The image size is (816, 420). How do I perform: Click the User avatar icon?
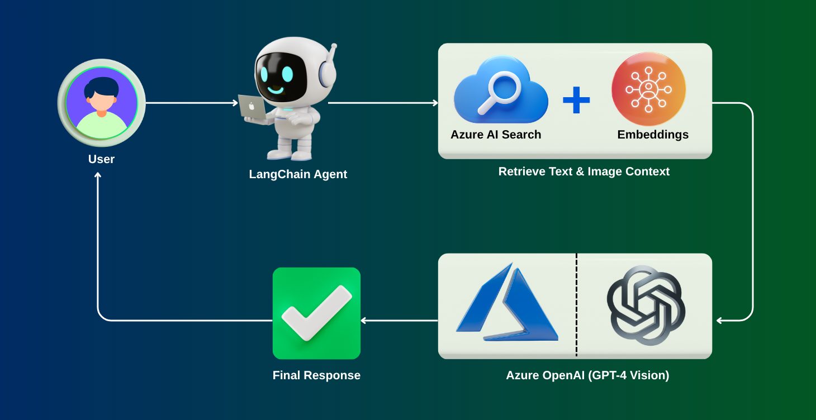coord(101,103)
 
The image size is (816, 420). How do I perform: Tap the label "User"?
coord(101,159)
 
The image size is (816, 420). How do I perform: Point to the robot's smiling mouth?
coord(275,88)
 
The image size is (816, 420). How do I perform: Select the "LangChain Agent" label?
coord(298,174)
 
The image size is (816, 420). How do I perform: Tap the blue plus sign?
coord(576,100)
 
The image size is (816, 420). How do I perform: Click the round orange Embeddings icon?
coord(648,89)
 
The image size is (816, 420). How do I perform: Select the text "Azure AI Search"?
coord(496,135)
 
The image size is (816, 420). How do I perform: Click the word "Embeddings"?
coord(653,135)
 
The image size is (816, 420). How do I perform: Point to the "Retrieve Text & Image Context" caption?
coord(583,171)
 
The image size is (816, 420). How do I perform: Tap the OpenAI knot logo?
coord(646,305)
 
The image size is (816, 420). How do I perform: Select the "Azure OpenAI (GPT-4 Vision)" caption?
coord(587,375)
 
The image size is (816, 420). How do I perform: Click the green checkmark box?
coord(316,313)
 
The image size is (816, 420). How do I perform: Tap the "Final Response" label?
coord(316,375)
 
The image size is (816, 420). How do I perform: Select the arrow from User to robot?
coord(190,103)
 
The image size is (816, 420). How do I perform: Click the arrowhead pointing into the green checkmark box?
coord(364,321)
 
